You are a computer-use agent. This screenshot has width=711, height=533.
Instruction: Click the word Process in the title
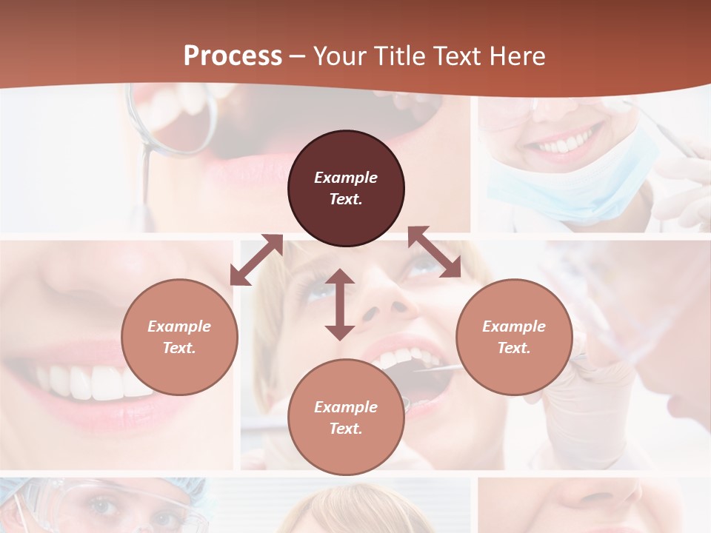tap(233, 56)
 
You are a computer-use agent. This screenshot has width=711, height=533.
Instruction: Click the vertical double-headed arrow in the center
tap(340, 304)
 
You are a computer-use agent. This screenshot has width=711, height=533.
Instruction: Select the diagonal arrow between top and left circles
tap(256, 260)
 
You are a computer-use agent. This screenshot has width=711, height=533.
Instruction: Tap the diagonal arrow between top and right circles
tap(434, 252)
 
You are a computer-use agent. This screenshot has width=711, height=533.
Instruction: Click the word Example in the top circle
tap(346, 178)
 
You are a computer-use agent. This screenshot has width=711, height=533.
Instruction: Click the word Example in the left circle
tap(179, 326)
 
